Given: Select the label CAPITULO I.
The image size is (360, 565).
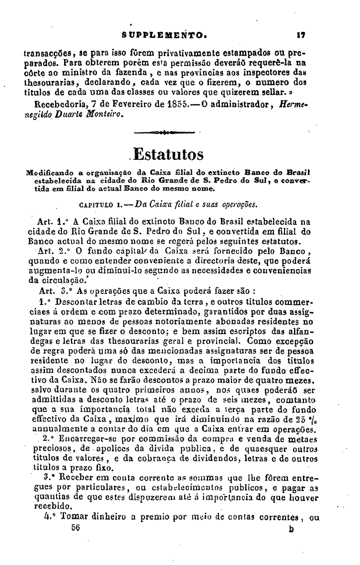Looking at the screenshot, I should coord(98,204).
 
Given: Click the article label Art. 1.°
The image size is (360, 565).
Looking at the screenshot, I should coord(48,221).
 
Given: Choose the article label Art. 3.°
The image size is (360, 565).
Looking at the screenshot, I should coord(51,290).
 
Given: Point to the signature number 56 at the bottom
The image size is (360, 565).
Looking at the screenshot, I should coord(75,528).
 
